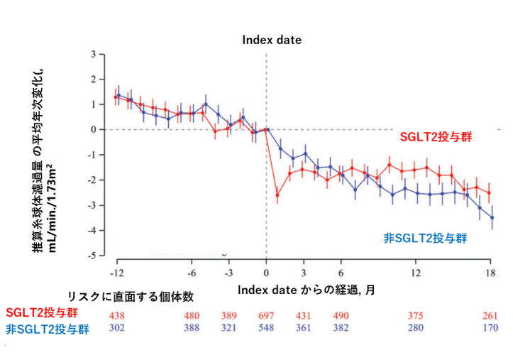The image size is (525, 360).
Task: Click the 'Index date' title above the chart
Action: point(272,40)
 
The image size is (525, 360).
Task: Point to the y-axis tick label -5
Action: point(92,255)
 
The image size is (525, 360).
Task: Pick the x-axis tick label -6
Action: point(192,273)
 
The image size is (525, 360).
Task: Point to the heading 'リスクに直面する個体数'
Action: point(130,296)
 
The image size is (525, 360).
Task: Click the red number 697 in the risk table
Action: point(266,315)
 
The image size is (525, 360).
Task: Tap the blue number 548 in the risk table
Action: point(266,328)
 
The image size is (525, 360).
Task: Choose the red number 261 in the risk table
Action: point(490,315)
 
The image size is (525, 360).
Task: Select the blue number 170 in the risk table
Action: point(490,328)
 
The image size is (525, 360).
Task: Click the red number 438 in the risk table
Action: point(117,315)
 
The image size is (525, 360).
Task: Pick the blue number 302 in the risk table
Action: point(117,328)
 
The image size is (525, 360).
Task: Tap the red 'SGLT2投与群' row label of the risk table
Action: point(42,312)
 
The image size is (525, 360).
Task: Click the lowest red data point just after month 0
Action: point(277,195)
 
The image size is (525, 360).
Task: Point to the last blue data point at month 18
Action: point(492,217)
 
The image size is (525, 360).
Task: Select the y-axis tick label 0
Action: point(93,130)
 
